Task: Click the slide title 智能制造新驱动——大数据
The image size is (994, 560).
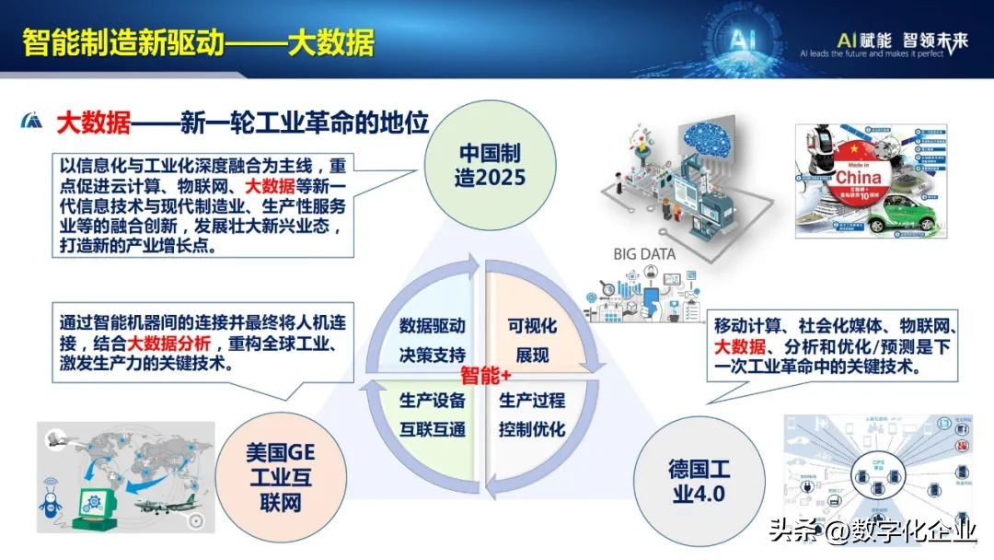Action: [198, 42]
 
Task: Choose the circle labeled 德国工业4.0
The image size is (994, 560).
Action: [697, 480]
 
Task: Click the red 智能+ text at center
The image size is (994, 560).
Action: [486, 375]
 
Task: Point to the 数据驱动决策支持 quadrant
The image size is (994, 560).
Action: [432, 340]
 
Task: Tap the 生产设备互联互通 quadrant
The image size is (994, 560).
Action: [432, 414]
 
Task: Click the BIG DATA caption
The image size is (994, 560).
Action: [645, 254]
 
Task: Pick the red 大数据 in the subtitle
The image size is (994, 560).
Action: [93, 122]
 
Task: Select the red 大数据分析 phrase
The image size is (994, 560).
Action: [169, 344]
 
